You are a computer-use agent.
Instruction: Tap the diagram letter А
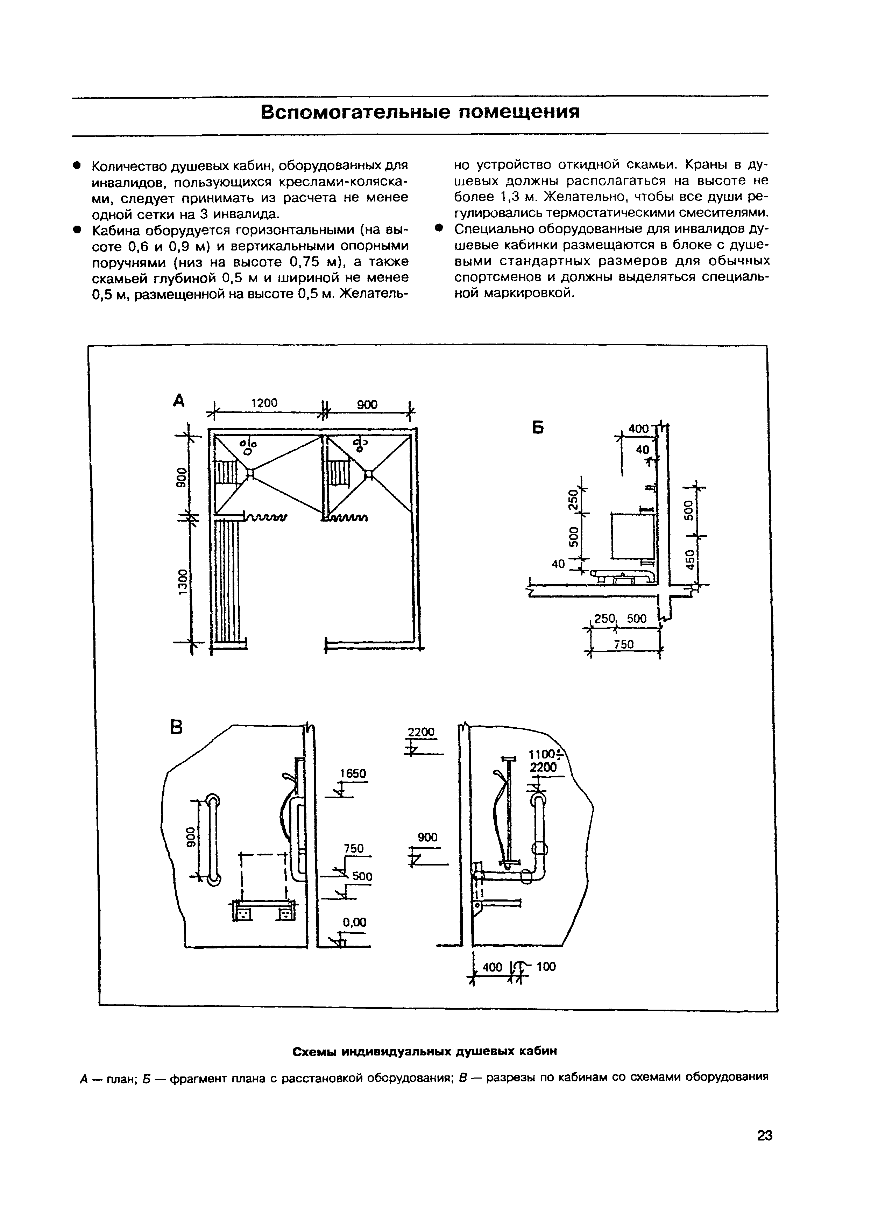click(x=179, y=400)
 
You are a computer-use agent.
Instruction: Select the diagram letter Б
click(x=538, y=428)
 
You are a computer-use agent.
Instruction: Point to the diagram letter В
click(x=176, y=727)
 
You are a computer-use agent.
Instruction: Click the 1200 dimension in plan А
click(x=264, y=403)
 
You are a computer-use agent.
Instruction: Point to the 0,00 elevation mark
click(x=354, y=922)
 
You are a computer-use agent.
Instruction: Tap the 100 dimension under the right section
click(x=546, y=967)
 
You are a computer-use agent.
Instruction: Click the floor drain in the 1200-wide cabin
click(x=250, y=474)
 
